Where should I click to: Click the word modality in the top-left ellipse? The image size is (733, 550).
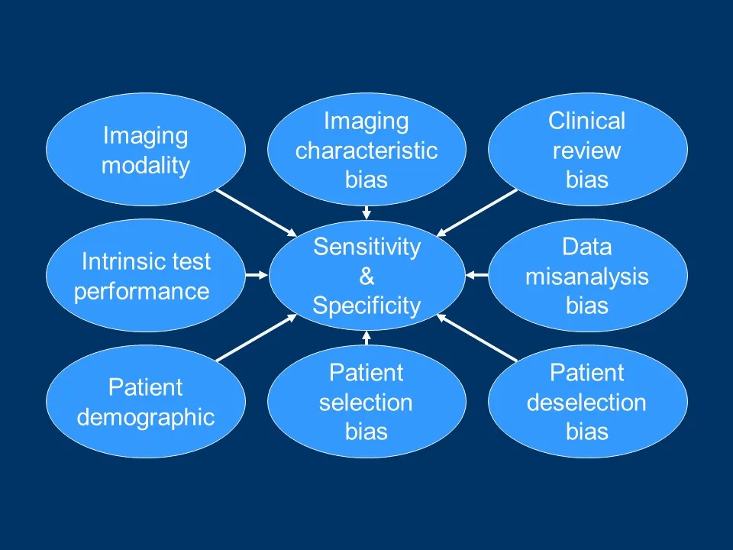tap(145, 166)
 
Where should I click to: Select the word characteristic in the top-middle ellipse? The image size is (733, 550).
tap(366, 150)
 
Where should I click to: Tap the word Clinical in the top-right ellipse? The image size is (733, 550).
tap(586, 121)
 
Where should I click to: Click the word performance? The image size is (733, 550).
tap(141, 291)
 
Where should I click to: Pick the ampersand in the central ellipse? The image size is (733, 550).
tap(366, 277)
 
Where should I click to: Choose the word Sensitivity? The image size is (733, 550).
tap(366, 247)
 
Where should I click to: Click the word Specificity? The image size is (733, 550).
tap(366, 306)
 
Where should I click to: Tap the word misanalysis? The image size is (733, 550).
tap(586, 277)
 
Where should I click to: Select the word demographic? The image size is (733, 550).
tap(145, 417)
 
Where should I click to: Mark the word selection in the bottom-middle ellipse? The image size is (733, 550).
tap(366, 403)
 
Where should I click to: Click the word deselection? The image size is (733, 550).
tap(586, 403)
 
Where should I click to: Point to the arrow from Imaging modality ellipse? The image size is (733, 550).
tap(256, 212)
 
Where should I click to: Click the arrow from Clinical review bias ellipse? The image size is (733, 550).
tap(478, 212)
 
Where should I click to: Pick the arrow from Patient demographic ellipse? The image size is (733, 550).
tap(256, 337)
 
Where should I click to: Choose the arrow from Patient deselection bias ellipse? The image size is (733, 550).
tap(478, 337)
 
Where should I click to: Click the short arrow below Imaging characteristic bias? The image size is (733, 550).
tap(366, 212)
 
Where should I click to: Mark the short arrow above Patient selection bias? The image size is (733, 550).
tap(366, 338)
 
